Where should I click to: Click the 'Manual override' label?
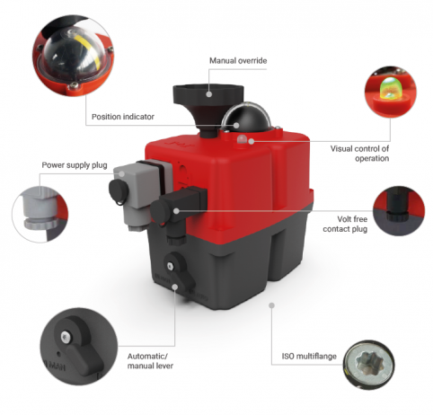238,61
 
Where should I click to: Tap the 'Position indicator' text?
123,117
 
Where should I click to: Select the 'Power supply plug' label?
75,165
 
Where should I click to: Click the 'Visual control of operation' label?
359,154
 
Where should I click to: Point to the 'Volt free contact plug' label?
345,224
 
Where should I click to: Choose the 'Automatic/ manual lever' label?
150,361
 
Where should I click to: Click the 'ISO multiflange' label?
309,356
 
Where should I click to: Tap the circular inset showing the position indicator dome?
74,56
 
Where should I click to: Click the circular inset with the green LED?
391,92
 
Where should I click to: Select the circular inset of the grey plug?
40,214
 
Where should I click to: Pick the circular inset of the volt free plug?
399,211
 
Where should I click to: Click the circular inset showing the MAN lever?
79,346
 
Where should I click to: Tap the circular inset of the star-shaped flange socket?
368,365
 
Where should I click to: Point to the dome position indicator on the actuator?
247,118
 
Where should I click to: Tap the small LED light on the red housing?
242,138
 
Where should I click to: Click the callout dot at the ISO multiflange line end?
271,305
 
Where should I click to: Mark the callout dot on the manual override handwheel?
209,94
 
